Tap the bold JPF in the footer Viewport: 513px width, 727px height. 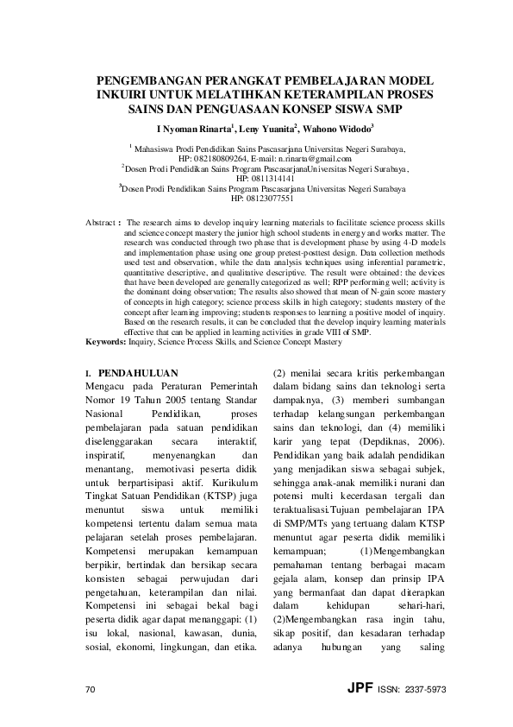click(x=357, y=689)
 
